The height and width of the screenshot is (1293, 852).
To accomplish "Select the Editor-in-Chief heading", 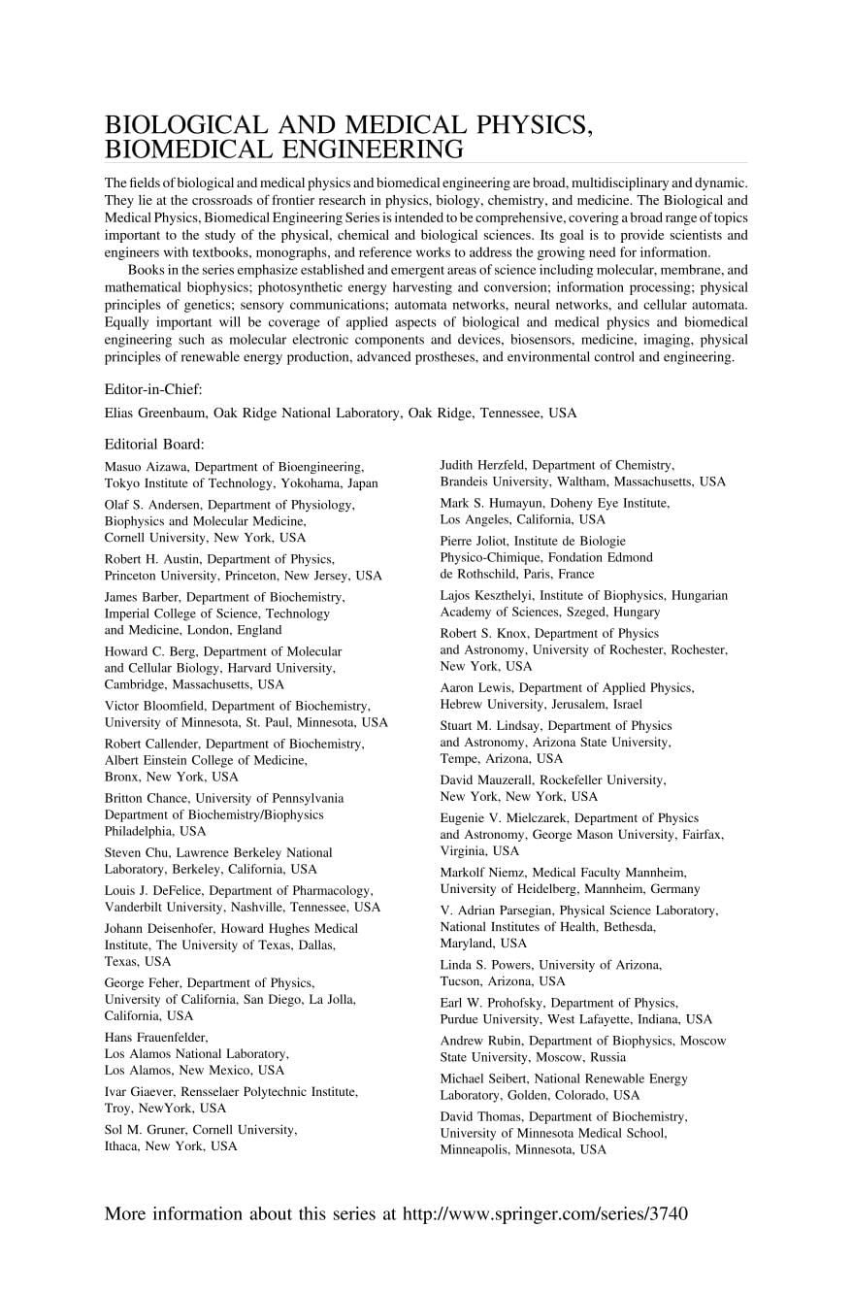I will point(153,389).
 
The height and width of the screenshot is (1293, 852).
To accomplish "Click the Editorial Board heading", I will point(154,445).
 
